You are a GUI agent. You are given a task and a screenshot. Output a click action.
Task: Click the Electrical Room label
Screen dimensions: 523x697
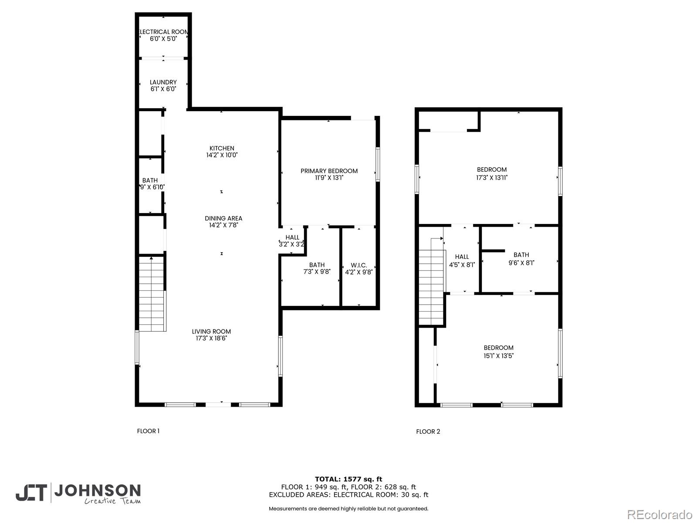(163, 35)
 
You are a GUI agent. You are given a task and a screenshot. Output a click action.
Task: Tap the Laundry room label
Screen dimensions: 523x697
(163, 85)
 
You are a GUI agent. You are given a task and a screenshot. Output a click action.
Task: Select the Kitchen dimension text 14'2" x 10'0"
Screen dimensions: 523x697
(222, 155)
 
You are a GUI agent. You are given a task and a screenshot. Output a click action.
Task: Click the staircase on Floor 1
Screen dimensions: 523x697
(152, 294)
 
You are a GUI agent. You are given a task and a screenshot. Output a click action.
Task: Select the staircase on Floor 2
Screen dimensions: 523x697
(431, 288)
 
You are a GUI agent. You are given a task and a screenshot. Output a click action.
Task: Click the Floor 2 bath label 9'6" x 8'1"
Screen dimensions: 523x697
(521, 259)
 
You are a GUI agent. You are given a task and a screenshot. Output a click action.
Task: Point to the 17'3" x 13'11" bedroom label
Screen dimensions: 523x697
(492, 173)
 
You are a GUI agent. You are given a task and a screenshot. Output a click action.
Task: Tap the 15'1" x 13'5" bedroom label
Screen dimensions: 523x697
(498, 351)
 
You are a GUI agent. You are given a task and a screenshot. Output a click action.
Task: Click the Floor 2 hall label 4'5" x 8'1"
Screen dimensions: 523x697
(462, 261)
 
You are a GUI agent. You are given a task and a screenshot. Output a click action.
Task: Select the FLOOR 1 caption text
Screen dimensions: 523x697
(148, 431)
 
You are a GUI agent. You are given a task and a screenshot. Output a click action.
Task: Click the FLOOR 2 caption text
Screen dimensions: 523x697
(428, 431)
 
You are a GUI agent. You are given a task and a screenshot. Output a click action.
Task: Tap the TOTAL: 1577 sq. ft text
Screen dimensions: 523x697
(348, 479)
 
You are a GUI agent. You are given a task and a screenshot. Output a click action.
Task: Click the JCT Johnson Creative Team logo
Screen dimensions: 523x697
(78, 493)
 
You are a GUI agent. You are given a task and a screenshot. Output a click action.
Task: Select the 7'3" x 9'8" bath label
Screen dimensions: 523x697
(317, 268)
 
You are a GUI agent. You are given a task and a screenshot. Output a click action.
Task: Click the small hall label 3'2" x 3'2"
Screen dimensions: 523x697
(292, 241)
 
